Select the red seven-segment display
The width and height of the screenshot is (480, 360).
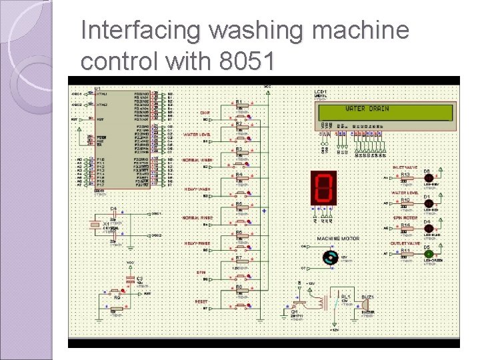[323, 187]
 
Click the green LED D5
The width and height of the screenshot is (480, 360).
[429, 254]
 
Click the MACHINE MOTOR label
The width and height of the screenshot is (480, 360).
[337, 238]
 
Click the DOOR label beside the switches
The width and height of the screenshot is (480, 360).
[205, 113]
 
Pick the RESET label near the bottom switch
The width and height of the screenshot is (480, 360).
[201, 301]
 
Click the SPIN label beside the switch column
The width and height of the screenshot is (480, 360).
[201, 272]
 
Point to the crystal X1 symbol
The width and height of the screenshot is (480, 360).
[96, 225]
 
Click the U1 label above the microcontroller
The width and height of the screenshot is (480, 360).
[97, 89]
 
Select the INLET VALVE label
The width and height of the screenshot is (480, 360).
[404, 167]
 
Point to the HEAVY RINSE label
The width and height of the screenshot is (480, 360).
[197, 243]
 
